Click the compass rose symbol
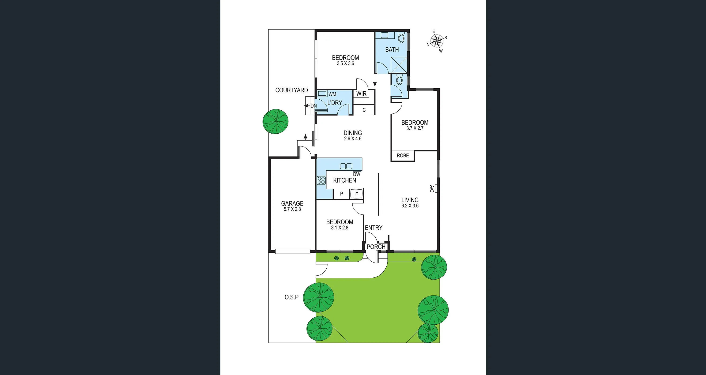point(437,41)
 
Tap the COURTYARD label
point(291,90)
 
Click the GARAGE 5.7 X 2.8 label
point(292,206)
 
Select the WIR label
point(361,94)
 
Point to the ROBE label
point(403,156)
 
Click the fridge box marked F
point(356,194)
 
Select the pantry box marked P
point(341,194)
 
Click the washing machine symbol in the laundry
point(322,94)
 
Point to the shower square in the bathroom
point(399,65)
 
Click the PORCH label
point(376,247)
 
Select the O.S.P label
point(291,297)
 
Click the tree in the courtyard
point(276,121)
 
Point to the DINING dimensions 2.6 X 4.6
point(353,139)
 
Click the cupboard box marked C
point(364,110)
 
